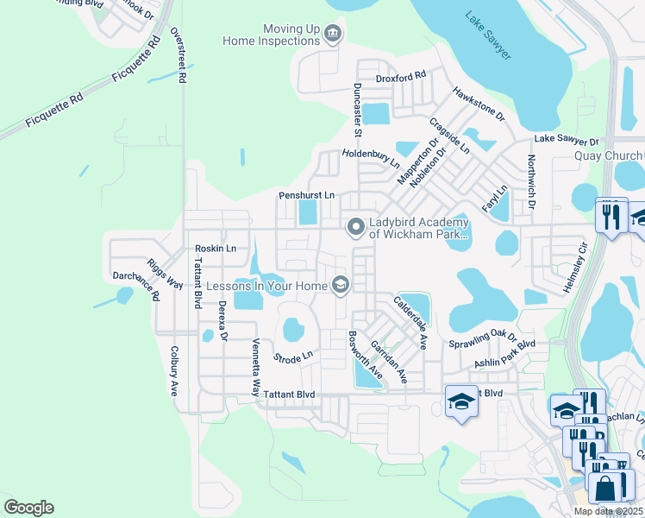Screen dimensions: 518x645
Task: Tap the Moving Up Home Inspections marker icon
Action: click(334, 35)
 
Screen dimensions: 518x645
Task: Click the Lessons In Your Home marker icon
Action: click(341, 284)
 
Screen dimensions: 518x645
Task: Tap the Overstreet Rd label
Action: click(179, 54)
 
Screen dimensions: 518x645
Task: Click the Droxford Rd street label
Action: click(401, 76)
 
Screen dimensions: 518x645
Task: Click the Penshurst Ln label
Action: click(306, 196)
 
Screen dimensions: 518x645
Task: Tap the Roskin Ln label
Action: click(215, 249)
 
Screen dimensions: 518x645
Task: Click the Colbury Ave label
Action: click(174, 371)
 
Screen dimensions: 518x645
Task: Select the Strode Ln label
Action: click(292, 357)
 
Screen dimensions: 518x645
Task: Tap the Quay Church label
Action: click(608, 155)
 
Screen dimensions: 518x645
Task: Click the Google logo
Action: click(28, 508)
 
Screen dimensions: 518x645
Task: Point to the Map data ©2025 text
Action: click(607, 511)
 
